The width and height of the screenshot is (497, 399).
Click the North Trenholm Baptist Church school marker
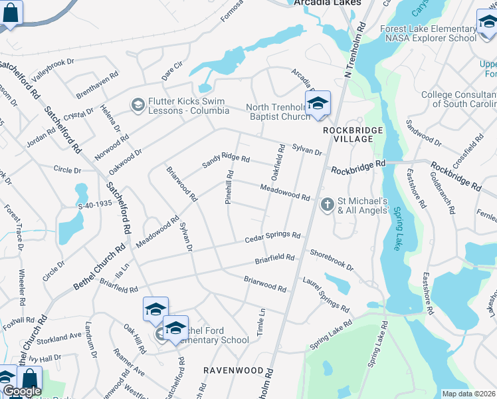[318, 103]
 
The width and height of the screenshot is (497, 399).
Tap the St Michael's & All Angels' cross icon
[327, 205]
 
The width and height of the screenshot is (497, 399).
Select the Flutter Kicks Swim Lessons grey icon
[138, 104]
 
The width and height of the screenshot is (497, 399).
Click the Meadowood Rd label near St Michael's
[285, 193]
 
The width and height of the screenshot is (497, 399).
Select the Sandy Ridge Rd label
[226, 156]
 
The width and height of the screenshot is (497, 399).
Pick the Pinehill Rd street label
[229, 187]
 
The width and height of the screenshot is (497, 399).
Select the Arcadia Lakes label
[327, 3]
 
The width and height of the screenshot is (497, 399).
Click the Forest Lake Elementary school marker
[487, 23]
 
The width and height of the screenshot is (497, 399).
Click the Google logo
[22, 391]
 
